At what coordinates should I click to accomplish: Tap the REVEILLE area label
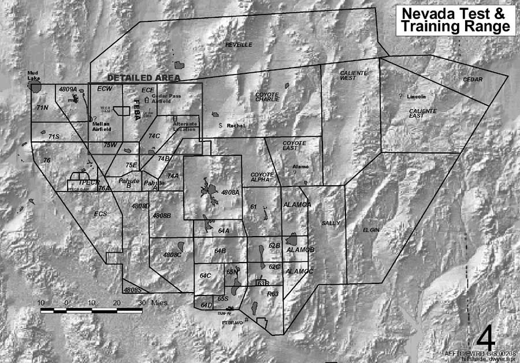(239, 44)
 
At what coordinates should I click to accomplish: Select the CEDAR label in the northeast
(473, 79)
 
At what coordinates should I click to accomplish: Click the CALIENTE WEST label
(348, 76)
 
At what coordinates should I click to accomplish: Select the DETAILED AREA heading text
(144, 78)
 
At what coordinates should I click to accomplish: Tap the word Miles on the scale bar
(159, 302)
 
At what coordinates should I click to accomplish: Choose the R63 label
(273, 294)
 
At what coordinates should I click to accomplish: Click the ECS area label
(101, 214)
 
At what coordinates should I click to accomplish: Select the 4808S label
(132, 290)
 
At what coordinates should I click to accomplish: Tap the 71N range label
(41, 108)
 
